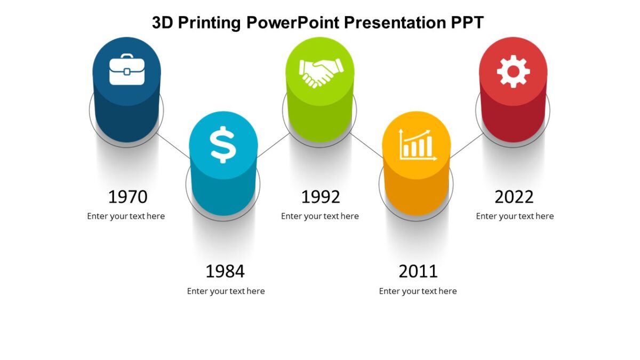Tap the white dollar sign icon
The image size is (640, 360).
[223, 144]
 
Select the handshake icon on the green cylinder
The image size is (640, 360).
[321, 73]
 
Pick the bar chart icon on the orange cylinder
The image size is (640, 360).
[418, 145]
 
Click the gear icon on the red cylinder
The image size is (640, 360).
[513, 71]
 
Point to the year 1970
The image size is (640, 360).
[127, 197]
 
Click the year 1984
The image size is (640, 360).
[225, 271]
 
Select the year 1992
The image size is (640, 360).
[321, 197]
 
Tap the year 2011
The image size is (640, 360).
[418, 271]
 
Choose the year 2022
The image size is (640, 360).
[514, 197]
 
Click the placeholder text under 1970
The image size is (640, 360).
[126, 216]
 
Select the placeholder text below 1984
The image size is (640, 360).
[226, 291]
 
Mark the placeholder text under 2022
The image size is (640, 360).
[515, 216]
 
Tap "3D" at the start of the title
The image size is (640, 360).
[162, 22]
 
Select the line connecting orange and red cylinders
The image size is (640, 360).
[466, 146]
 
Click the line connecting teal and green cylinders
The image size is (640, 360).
[274, 145]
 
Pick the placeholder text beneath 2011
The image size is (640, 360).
[418, 291]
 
